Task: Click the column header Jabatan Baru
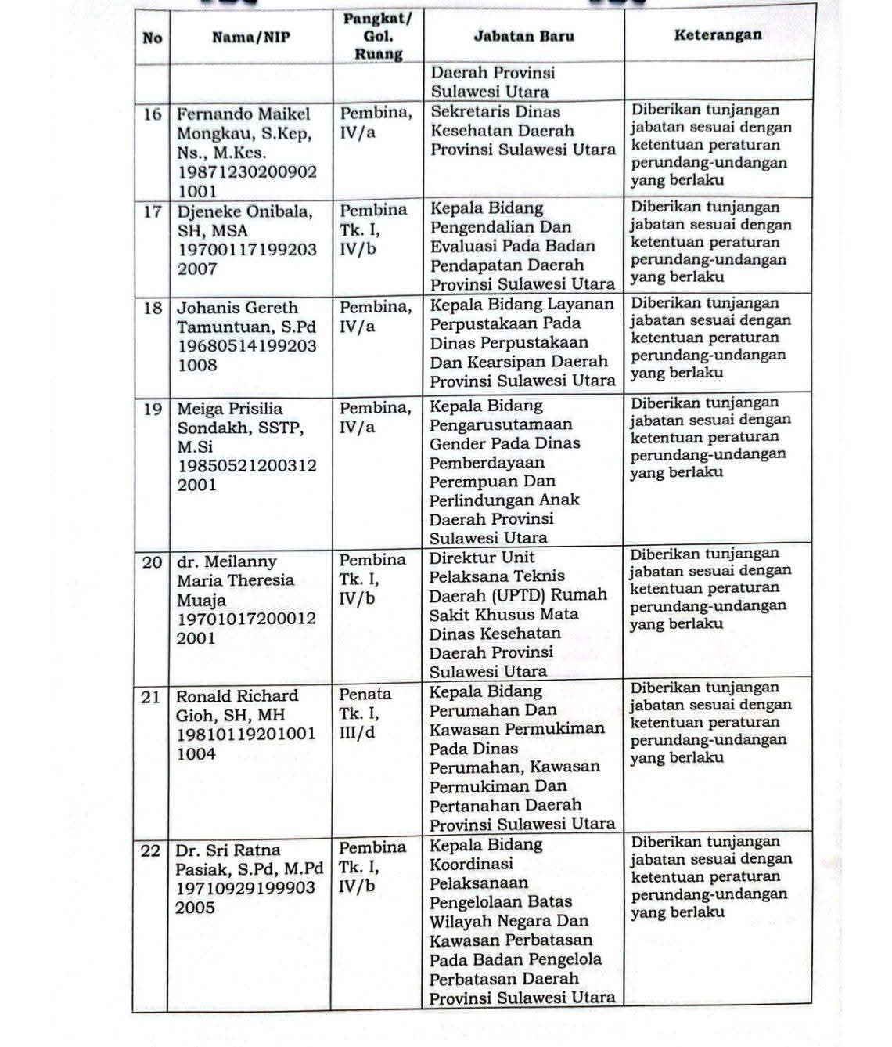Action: [523, 36]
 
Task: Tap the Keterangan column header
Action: [718, 34]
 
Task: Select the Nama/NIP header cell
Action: [250, 37]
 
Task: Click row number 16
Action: [153, 114]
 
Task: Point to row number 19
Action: [153, 409]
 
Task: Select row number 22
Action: [150, 850]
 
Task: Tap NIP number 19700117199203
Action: [247, 250]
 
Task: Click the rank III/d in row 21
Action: [358, 734]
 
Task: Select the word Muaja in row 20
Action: [201, 600]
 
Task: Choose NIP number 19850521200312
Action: [247, 466]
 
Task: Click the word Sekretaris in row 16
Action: [473, 112]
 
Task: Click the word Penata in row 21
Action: [365, 695]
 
